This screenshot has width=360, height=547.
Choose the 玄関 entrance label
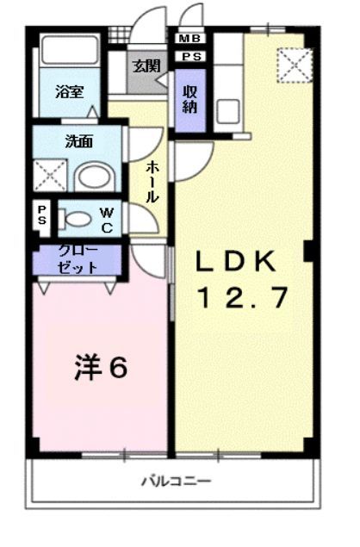pos(146,66)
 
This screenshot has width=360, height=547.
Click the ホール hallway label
pos(152,181)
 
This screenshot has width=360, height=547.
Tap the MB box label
pos(188,40)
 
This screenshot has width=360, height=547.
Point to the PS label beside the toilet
pos(41,216)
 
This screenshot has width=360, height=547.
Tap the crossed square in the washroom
pos(50,174)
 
